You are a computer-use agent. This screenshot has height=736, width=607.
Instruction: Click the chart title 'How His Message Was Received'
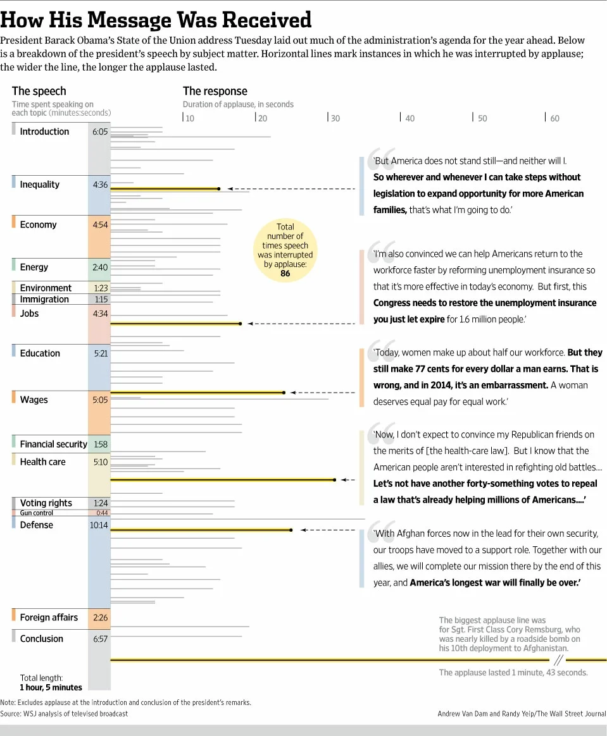(156, 20)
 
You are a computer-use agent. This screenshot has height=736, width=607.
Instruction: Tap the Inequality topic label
(39, 185)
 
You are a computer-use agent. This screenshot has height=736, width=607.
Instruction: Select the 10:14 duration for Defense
(99, 525)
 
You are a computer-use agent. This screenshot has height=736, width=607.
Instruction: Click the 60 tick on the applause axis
(554, 118)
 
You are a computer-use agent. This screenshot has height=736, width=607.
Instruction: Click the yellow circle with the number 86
(285, 250)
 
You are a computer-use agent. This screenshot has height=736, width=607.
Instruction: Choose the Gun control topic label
(37, 513)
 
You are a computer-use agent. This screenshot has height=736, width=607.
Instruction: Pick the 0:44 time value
(102, 513)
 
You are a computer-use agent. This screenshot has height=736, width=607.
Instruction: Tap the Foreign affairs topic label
(49, 617)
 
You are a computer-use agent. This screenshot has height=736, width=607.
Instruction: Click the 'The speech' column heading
(39, 91)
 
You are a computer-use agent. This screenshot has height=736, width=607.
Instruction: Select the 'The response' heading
(215, 91)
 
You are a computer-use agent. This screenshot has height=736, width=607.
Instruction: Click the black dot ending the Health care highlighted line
(335, 481)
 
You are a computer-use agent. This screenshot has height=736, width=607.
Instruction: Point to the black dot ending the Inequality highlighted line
(218, 188)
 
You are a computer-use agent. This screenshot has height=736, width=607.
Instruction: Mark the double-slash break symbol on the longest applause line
(558, 660)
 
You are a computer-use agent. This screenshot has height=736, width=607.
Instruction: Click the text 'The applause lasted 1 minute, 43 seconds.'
(513, 673)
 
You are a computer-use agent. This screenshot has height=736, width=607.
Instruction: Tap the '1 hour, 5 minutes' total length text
(51, 687)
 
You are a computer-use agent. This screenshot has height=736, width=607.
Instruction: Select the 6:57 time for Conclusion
(100, 639)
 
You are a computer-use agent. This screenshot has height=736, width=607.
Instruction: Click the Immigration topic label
(44, 299)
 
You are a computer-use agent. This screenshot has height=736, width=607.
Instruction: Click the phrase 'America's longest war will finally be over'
(495, 582)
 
